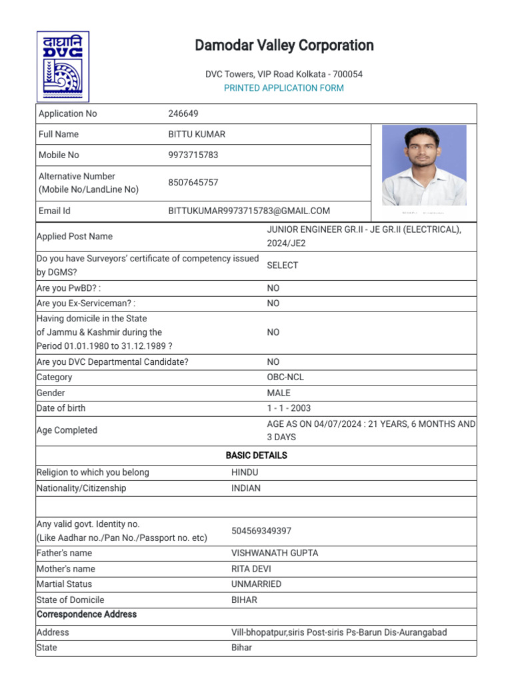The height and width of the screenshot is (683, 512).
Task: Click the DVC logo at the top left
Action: (63, 66)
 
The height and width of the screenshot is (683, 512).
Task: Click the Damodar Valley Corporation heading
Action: (284, 45)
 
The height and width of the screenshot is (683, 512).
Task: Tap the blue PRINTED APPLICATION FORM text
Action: (284, 88)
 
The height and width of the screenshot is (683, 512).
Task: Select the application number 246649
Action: (183, 114)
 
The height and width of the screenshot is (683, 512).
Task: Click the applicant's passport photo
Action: (424, 165)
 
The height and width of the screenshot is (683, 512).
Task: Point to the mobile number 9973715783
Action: (193, 155)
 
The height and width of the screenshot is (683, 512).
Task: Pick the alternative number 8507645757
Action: (193, 183)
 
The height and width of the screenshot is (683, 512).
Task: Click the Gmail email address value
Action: (249, 211)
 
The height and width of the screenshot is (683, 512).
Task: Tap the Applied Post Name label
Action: (75, 236)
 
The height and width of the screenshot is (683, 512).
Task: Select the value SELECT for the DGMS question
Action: (283, 265)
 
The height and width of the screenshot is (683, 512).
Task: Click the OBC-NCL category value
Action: (285, 377)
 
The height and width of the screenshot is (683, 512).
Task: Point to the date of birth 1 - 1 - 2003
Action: (289, 408)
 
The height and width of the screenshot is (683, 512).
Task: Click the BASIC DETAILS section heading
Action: (256, 456)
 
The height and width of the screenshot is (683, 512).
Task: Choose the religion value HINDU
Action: (245, 472)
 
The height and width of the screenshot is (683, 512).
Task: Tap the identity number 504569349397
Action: (261, 531)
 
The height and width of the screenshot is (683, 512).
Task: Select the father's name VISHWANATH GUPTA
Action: (275, 553)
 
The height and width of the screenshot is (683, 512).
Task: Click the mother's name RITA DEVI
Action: (251, 569)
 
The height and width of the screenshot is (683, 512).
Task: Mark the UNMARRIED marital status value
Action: (256, 584)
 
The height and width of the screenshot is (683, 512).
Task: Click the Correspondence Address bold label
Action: (87, 614)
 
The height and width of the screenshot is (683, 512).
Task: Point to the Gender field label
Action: (51, 393)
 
